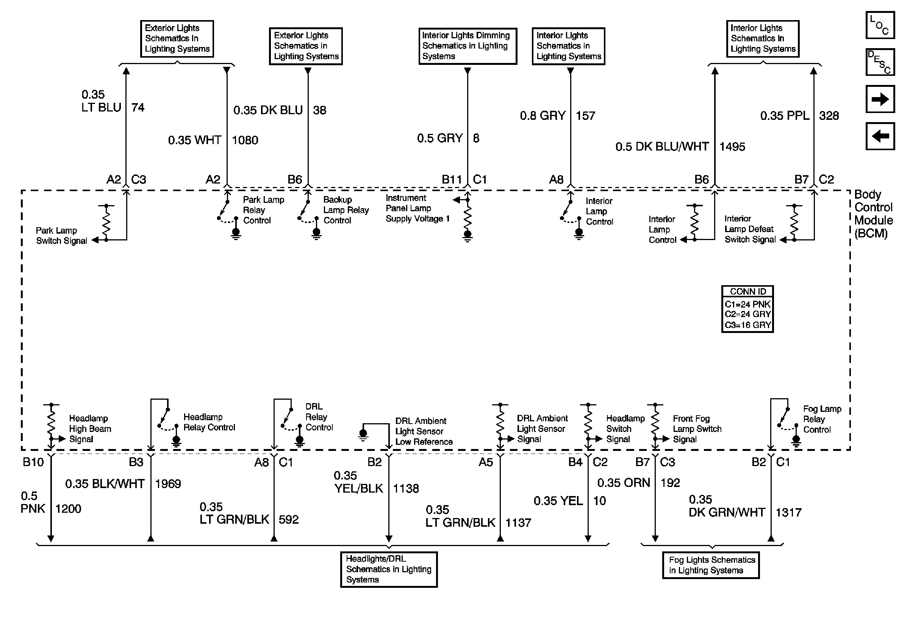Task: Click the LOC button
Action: tap(880, 25)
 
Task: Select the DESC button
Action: tap(880, 62)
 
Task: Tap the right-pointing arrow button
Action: tap(880, 99)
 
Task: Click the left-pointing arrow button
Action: tap(880, 136)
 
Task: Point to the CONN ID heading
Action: tap(747, 292)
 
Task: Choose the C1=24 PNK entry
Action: tap(747, 304)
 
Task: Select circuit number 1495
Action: tap(732, 147)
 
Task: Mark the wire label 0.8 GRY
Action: tap(543, 116)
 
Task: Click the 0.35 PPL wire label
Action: tap(784, 116)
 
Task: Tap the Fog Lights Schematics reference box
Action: tap(711, 565)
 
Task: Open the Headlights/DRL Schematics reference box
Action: tap(389, 569)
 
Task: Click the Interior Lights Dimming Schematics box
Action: tap(468, 46)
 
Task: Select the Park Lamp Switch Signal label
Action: tap(61, 236)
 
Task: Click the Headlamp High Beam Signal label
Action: tap(90, 429)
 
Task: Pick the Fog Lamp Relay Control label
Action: tap(822, 419)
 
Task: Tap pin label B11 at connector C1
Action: tap(452, 180)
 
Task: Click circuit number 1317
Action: tap(788, 512)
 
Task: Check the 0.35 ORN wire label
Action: tap(624, 483)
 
